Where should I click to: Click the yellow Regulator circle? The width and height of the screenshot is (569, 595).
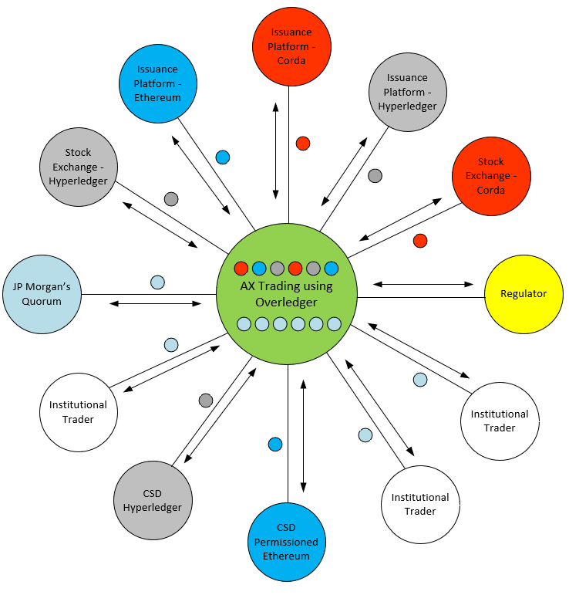tap(524, 294)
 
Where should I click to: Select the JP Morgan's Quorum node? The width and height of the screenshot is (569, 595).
tap(42, 295)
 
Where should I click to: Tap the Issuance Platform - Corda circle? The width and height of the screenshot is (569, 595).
tap(291, 46)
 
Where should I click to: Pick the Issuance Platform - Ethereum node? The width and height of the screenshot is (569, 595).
tap(158, 83)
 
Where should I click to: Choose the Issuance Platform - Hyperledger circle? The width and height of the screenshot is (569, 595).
tap(407, 92)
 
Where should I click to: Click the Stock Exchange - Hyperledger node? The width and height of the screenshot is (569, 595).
tap(78, 167)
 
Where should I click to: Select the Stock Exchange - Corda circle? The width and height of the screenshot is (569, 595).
tap(491, 176)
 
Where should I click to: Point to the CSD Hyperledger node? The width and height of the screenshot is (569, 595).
tap(152, 501)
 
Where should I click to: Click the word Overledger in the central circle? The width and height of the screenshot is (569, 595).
tap(286, 303)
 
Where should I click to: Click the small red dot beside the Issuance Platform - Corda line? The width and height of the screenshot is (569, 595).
tap(303, 143)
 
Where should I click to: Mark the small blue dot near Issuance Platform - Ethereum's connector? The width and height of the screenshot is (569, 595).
tap(223, 157)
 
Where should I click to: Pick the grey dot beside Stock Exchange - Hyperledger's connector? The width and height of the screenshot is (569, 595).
tap(171, 199)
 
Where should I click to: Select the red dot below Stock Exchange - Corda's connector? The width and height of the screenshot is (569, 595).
tap(420, 241)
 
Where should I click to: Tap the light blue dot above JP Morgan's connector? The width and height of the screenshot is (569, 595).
tap(157, 282)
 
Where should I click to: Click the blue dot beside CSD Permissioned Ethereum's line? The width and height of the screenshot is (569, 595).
tap(275, 444)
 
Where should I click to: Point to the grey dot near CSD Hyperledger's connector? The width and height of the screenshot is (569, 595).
tap(206, 401)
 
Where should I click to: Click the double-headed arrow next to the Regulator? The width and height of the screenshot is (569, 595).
tap(423, 284)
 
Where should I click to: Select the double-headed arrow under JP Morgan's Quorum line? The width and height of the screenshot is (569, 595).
tap(155, 303)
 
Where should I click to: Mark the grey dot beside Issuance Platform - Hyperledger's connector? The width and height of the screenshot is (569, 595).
tap(375, 175)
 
